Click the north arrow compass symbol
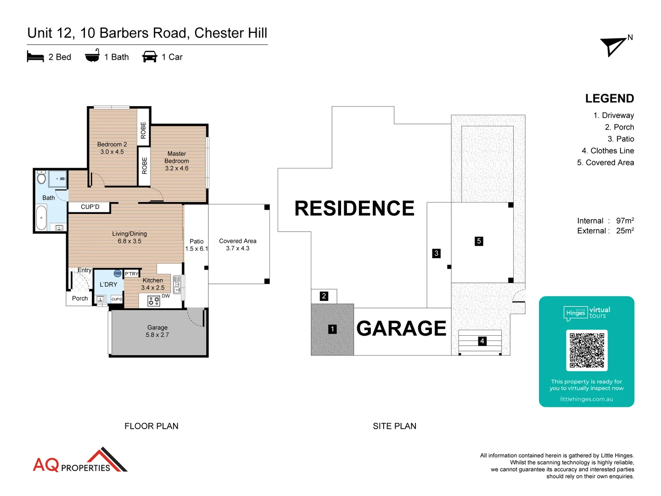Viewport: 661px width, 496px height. coord(614,46)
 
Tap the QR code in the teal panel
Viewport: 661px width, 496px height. coord(587,350)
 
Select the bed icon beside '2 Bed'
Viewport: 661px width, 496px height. coord(35,57)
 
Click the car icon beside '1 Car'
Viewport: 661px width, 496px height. coord(150,57)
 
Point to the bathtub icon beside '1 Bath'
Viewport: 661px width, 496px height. coord(92,56)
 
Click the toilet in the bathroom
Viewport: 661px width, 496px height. coord(41,178)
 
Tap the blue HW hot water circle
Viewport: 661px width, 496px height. coord(118,274)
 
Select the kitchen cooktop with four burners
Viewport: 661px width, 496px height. coord(153,301)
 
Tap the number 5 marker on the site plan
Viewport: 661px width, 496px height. coord(479,241)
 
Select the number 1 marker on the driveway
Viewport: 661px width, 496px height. coord(332,329)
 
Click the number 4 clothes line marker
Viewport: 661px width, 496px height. coord(482,341)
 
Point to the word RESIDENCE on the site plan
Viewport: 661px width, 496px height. coord(354,209)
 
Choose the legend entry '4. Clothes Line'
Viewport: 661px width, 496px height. coord(607,151)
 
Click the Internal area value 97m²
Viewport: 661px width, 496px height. coord(625,221)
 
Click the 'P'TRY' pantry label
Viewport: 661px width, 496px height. coord(132,274)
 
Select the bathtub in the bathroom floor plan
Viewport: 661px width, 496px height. coord(41,218)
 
